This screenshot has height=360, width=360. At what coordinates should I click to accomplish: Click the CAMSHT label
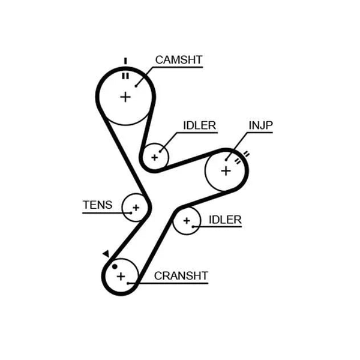point(179,60)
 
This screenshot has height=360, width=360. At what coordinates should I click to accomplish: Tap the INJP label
point(261,125)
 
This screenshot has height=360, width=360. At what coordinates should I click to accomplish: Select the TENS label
point(98,205)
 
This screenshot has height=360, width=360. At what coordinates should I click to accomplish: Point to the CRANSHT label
point(181,276)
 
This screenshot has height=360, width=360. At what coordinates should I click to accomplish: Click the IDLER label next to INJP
point(200,125)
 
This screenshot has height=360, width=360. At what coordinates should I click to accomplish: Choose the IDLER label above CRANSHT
point(225,220)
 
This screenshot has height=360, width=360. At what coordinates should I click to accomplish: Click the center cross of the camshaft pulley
point(125,97)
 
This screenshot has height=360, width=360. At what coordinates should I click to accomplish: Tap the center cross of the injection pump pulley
point(226,171)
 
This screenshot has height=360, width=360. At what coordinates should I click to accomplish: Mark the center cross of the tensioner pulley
point(136,208)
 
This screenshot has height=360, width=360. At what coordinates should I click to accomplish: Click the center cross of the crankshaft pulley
point(121,276)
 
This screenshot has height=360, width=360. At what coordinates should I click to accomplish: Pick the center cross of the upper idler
point(155,157)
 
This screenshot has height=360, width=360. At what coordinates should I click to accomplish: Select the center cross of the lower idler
point(187,221)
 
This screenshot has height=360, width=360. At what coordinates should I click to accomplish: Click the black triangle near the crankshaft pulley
point(106,254)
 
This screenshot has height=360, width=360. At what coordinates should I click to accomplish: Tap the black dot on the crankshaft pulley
point(115,266)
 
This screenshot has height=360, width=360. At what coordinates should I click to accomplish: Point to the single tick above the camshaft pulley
point(125,61)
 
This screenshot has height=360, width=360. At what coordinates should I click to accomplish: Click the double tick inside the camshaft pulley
point(125,76)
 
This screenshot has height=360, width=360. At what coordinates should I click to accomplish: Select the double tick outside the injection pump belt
point(246,154)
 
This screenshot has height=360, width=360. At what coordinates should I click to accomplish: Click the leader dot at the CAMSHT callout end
point(136,86)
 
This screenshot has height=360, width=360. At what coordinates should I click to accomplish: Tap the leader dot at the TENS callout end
point(131,213)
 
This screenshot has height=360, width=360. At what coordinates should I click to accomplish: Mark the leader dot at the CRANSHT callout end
point(128,283)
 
